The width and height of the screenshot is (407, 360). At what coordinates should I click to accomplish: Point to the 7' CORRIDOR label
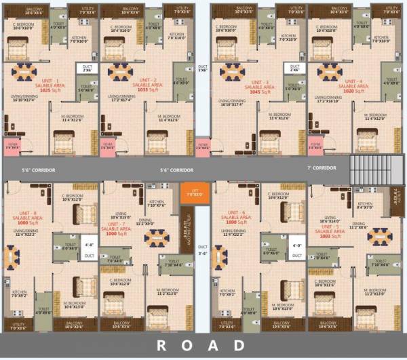(x=322, y=167)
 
